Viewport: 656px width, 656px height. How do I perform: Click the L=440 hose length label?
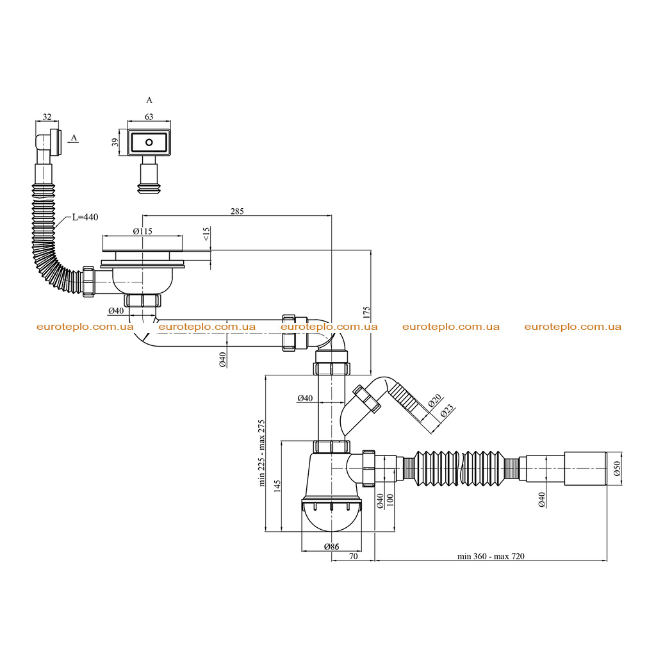85,217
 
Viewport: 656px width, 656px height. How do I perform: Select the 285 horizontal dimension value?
237,211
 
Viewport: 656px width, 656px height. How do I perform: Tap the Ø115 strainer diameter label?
143,231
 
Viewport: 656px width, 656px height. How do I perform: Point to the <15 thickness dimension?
206,234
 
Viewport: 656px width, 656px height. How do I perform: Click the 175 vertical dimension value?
367,313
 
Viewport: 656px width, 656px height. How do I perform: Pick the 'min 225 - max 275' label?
261,453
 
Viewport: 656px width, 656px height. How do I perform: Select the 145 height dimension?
277,486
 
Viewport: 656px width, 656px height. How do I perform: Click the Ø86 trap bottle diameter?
331,546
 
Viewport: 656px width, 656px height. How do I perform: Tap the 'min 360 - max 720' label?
491,557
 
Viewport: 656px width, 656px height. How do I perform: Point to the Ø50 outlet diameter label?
617,468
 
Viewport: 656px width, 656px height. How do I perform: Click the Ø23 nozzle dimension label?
447,411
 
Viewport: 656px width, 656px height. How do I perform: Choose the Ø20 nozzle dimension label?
435,400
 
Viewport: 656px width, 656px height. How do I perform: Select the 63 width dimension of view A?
149,117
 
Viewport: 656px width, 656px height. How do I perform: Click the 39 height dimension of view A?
115,142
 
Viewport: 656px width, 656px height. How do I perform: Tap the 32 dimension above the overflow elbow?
47,117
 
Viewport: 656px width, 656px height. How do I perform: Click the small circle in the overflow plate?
149,142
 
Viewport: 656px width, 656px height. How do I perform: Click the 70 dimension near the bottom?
354,557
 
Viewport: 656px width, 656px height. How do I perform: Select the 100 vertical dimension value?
390,500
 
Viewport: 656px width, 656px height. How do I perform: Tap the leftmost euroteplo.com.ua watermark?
85,327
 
